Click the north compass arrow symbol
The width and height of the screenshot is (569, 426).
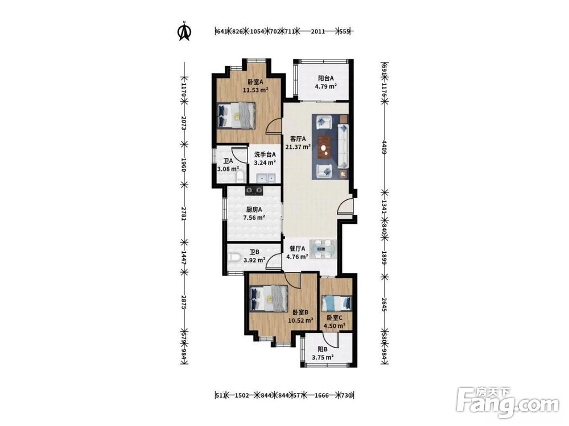tap(184, 31)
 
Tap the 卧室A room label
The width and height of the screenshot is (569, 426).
tap(255, 82)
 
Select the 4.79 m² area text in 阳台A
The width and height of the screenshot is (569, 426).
tap(325, 86)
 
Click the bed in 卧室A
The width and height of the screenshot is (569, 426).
tap(236, 115)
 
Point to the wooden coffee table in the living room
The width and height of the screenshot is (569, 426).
tap(325, 147)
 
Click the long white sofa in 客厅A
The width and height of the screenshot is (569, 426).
tap(343, 146)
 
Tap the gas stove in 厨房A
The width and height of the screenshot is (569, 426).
tap(254, 190)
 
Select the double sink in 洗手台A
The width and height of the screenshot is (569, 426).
tap(266, 178)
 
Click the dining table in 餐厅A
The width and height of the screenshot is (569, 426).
tap(323, 249)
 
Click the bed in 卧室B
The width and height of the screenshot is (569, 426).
tap(269, 298)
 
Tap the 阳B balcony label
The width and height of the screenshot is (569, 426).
tap(323, 349)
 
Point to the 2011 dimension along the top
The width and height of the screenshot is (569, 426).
tap(318, 31)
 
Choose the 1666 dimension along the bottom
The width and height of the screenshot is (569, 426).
tap(321, 395)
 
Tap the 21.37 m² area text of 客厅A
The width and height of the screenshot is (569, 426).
tap(298, 147)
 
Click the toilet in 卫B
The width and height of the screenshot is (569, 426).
tap(235, 257)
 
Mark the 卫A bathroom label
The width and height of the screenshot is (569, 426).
tap(228, 161)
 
